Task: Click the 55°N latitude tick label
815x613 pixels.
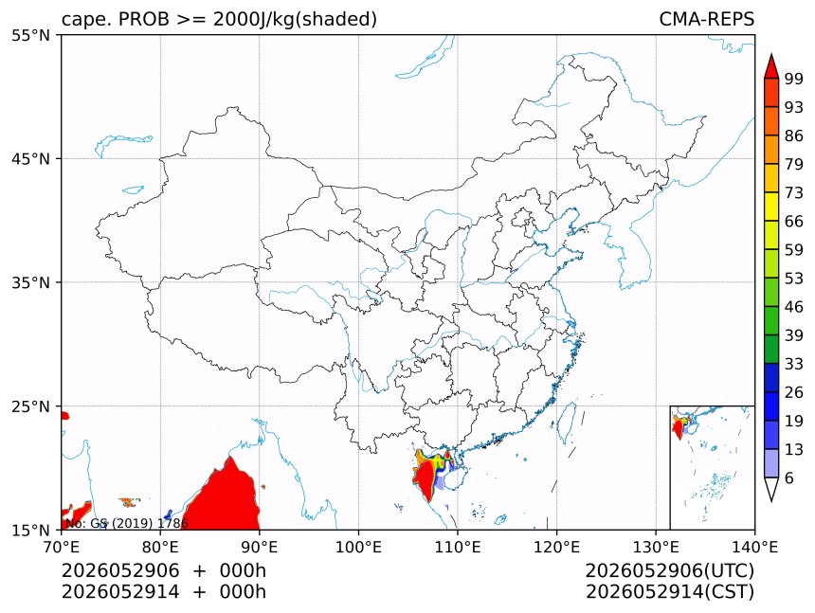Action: (x=31, y=35)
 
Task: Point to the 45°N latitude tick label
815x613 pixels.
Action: (x=31, y=158)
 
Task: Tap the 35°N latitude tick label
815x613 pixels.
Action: (x=31, y=282)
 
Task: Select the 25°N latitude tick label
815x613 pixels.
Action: (x=31, y=406)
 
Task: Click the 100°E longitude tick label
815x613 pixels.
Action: (x=358, y=547)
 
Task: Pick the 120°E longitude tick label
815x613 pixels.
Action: (x=556, y=547)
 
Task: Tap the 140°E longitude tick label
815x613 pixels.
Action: (x=754, y=547)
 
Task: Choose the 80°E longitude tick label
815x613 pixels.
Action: (x=160, y=547)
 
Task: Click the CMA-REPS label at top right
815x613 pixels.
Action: (x=706, y=19)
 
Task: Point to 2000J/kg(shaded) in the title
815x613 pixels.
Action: (x=296, y=20)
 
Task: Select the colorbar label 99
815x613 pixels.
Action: (x=794, y=79)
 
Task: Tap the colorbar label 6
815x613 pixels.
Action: (x=789, y=478)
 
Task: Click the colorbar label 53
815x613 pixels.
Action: (x=794, y=279)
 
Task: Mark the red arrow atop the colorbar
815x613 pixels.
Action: (x=771, y=65)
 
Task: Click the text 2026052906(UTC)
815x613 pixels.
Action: (x=670, y=570)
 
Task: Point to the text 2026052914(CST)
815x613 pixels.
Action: (x=670, y=592)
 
